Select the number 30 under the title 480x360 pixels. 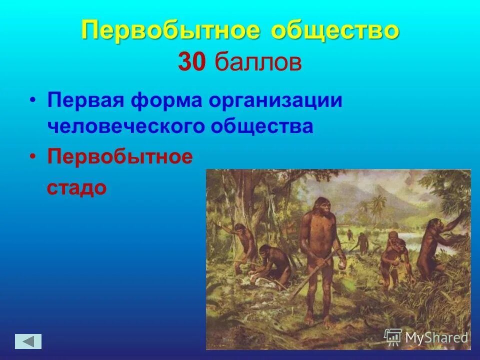click(190, 64)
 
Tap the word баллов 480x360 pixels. click(259, 64)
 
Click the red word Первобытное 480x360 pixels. click(120, 156)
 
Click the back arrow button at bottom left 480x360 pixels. click(28, 341)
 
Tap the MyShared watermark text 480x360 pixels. click(436, 337)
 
